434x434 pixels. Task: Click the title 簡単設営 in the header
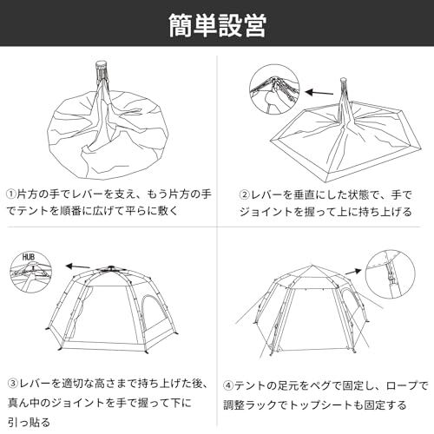tap(217, 26)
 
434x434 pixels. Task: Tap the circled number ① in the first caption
tap(12, 194)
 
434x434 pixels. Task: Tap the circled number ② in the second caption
tap(245, 194)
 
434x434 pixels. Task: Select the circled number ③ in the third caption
tap(13, 384)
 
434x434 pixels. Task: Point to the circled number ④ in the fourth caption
tap(228, 385)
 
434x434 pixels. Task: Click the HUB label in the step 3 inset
tap(29, 257)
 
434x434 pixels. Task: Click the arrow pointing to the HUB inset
tap(77, 266)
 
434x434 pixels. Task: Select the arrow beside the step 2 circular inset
tap(319, 93)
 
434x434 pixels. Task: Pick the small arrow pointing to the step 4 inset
tap(353, 272)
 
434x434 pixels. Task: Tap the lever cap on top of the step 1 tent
tap(101, 64)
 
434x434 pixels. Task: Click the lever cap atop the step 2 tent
tap(343, 80)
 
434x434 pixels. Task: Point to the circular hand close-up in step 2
tap(274, 89)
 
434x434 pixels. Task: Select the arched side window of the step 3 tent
tap(152, 315)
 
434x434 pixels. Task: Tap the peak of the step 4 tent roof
tap(312, 265)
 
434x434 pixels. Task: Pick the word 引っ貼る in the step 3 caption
tap(30, 423)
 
